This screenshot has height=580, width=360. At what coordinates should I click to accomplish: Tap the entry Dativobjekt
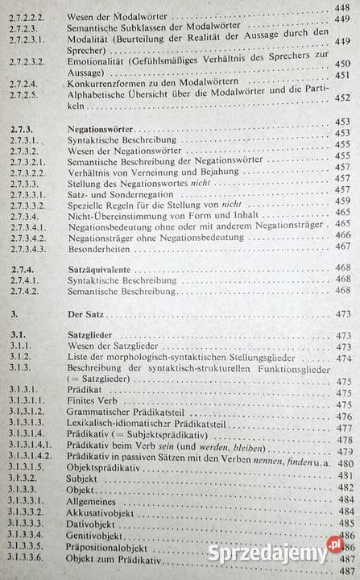click(x=89, y=523)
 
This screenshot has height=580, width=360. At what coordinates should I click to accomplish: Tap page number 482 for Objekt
click(x=344, y=488)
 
